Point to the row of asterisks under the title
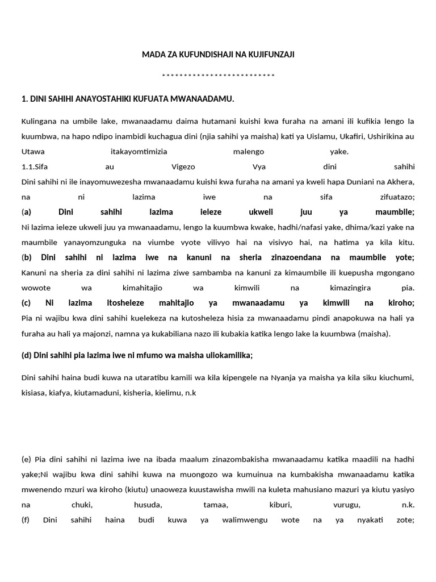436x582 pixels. [218, 76]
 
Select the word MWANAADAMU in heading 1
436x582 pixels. [207, 99]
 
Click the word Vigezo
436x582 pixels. [183, 167]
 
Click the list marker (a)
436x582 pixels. [26, 212]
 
